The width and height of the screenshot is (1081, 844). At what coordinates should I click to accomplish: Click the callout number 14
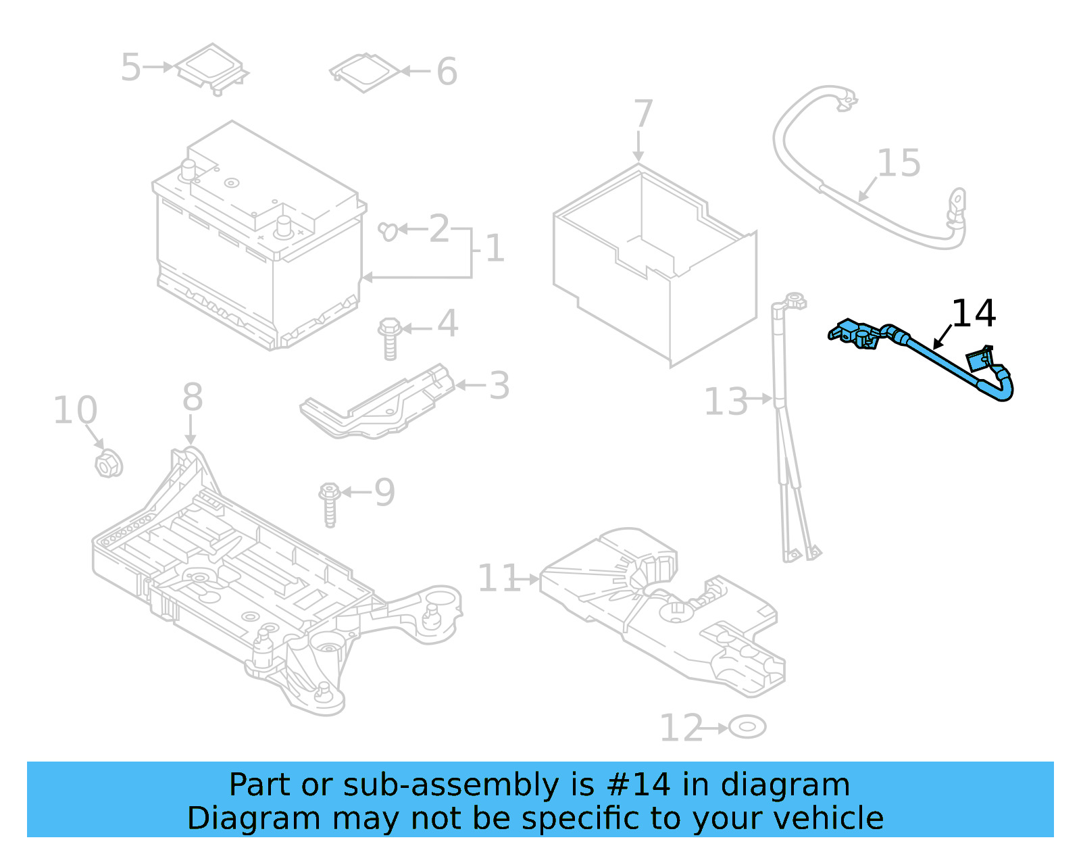973,314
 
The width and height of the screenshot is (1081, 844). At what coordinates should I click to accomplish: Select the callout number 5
130,68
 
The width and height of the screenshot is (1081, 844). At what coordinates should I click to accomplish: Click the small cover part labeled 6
365,72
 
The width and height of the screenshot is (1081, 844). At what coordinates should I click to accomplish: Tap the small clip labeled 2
388,231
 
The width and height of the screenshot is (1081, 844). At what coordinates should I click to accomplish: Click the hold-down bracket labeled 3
378,405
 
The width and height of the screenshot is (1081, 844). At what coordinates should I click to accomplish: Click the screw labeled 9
330,504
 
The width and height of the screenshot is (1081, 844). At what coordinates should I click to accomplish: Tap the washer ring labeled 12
747,728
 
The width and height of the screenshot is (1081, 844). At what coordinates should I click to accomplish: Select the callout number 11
498,578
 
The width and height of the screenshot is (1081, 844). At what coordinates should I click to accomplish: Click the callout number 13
725,401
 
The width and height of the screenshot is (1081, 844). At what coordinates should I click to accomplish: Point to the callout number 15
899,164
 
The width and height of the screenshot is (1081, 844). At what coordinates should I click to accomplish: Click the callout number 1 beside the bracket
495,248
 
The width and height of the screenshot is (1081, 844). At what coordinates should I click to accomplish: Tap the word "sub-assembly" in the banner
451,785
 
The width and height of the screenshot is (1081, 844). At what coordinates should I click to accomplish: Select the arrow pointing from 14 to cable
942,337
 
